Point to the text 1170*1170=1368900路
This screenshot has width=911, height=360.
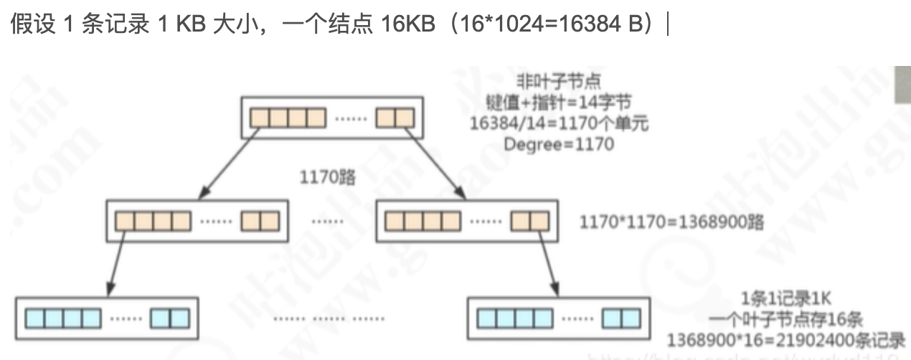point(671,221)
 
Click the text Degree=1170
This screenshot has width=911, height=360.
point(560,144)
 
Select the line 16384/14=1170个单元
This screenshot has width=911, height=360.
point(560,123)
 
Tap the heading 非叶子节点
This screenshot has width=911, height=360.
point(549,81)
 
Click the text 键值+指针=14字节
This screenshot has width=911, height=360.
point(551,102)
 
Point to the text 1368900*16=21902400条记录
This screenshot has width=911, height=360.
point(785,338)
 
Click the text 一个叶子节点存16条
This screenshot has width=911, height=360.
point(787,318)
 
